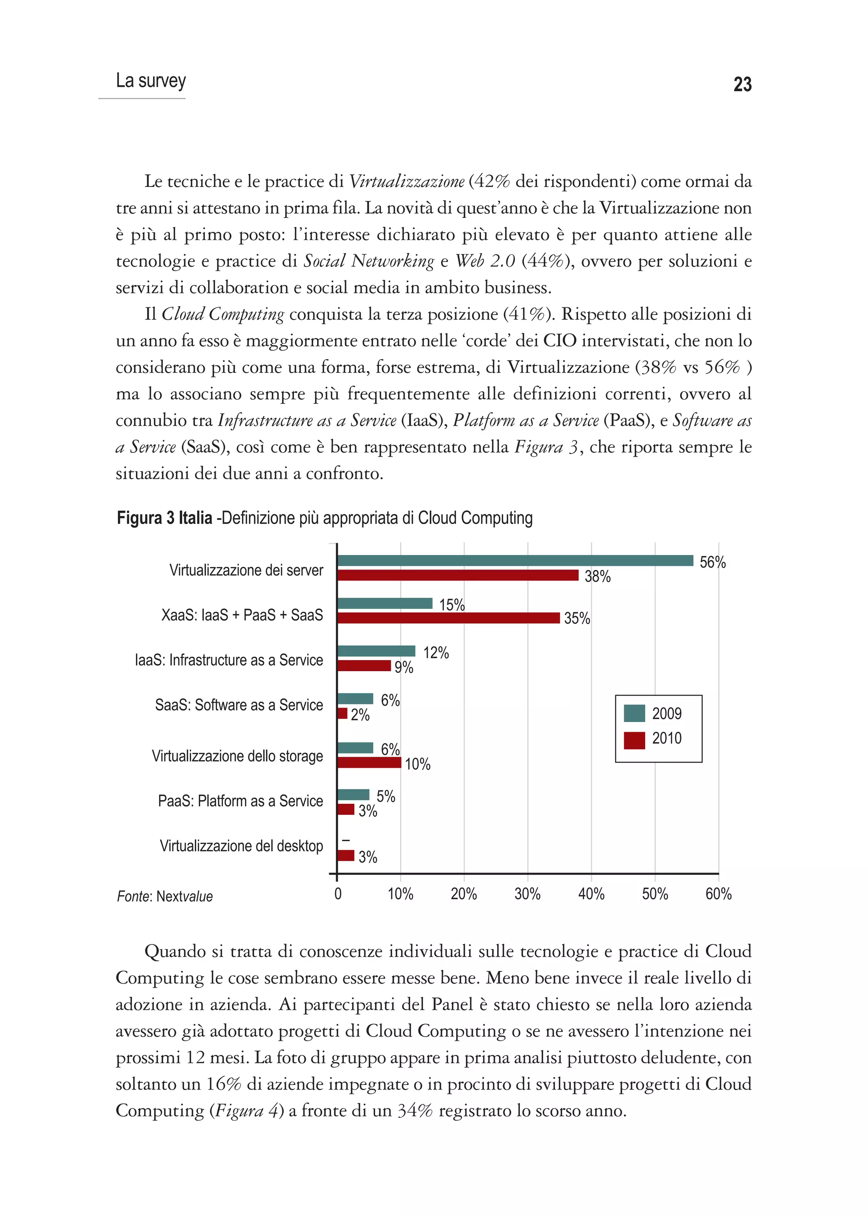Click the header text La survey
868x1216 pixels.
pos(151,81)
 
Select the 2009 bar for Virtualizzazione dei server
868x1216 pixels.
pos(515,561)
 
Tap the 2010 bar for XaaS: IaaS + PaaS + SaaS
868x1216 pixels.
pos(448,618)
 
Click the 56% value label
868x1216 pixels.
pos(712,562)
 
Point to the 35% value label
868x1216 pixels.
pos(577,618)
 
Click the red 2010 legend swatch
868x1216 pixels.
pos(634,740)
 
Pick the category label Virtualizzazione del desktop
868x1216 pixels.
pos(241,845)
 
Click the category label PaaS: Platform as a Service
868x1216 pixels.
pos(240,800)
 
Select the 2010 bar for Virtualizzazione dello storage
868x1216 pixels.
pos(369,762)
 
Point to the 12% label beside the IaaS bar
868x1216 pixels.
pos(436,653)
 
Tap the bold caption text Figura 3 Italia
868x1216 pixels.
pos(164,518)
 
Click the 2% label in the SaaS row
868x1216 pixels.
pos(360,714)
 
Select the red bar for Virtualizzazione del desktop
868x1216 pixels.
pos(346,855)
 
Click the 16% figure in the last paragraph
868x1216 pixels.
pos(223,1083)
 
